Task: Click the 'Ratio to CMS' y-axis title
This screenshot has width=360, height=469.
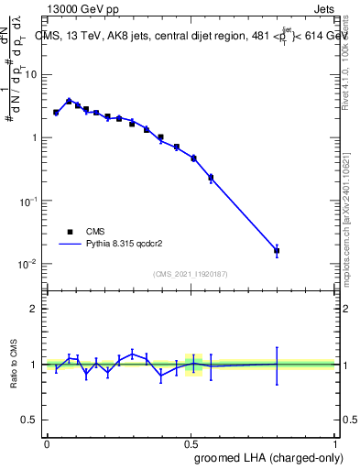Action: coord(16,364)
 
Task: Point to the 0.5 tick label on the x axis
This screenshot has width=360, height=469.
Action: coord(191,443)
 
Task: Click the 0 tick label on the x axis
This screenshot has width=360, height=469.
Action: coord(47,443)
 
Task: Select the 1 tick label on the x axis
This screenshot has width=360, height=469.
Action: coord(334,443)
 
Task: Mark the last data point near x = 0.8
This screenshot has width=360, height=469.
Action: coord(277,250)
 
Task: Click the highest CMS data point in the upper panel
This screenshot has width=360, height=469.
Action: coord(69,101)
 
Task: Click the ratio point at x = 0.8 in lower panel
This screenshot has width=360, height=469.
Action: coord(277,364)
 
